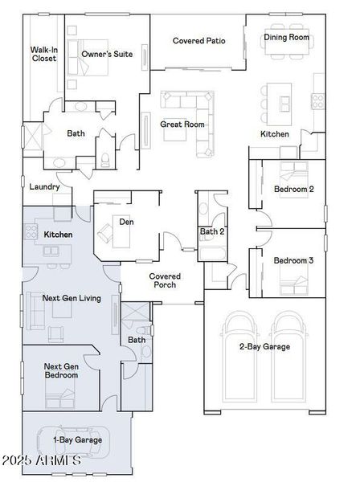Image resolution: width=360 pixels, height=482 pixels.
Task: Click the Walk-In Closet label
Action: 43,54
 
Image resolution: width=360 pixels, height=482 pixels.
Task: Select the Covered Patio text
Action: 198,40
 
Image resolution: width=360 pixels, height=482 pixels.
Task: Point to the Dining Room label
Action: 287,37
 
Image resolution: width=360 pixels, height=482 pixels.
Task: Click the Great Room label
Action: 182,125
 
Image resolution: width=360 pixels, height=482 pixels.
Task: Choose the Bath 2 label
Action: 212,233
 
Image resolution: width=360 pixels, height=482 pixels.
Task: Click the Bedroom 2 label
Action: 293,190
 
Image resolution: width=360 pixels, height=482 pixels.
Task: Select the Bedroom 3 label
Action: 293,260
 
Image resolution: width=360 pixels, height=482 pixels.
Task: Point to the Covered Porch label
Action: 165,280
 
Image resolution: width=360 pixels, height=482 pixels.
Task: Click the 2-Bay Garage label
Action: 264,346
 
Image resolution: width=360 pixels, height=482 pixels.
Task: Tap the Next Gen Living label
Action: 72,298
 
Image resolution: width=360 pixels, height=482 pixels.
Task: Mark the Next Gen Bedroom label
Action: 62,370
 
